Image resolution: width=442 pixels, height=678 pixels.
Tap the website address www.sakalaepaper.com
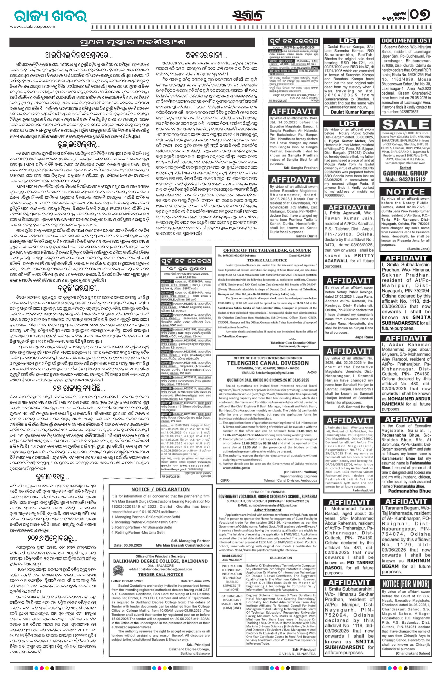(33, 26)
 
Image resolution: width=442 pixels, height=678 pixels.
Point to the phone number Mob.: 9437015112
(405, 179)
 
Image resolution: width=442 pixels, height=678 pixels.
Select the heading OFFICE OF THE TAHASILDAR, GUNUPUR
(267, 250)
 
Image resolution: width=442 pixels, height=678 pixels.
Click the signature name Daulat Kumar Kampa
(352, 112)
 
